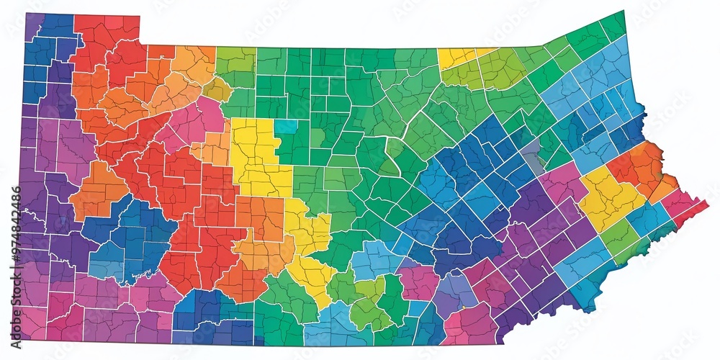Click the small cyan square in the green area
point(285,127)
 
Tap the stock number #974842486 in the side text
point(15,231)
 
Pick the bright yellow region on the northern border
point(457,56)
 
